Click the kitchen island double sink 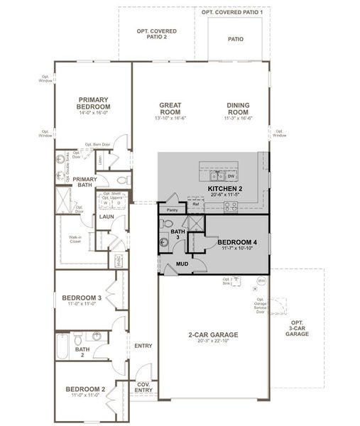click(x=217, y=175)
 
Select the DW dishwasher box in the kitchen click(x=231, y=175)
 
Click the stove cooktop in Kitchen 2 click(x=231, y=207)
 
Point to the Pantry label click(x=172, y=210)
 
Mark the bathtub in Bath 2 click(x=63, y=349)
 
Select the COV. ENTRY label click(x=143, y=389)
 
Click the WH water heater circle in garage click(x=261, y=280)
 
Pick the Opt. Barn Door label click(x=98, y=145)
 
